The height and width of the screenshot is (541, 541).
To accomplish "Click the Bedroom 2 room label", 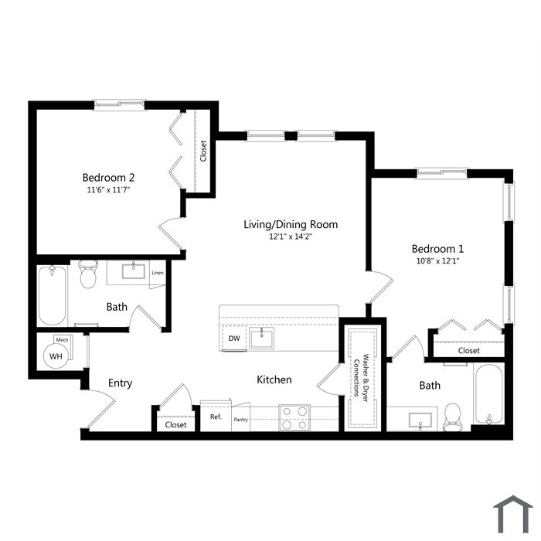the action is pos(108,177).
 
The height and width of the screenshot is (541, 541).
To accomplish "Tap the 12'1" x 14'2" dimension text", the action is pos(291,236).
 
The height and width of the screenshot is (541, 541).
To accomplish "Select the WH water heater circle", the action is pos(56,356).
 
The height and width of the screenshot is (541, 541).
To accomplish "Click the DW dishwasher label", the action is pos(234,339).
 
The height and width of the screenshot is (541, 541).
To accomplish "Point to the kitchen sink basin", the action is pos(261,339).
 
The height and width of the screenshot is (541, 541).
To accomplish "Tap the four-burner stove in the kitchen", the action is pos(294,418).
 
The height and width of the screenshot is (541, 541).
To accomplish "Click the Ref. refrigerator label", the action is pos(216,417).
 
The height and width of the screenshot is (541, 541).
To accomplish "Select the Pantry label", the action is pos(241,420).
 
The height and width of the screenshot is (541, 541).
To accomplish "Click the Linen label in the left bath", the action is pos(158,273).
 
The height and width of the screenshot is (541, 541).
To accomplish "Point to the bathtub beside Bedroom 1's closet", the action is pos(488,394).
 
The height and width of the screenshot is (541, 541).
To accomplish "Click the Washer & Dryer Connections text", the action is pos(361,378).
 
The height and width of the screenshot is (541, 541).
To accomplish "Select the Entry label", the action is pos(120,383).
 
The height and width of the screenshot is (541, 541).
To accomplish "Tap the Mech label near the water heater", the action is pos(62,340).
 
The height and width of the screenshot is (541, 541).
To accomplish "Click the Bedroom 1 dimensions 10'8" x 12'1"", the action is pos(437,261).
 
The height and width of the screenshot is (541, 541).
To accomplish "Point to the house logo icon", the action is pos(513,515).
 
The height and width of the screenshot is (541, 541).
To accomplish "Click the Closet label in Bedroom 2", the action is pos(203,151).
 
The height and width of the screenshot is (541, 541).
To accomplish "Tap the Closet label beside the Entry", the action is pos(175,425).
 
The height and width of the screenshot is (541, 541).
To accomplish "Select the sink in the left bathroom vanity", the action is pos(134,270).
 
